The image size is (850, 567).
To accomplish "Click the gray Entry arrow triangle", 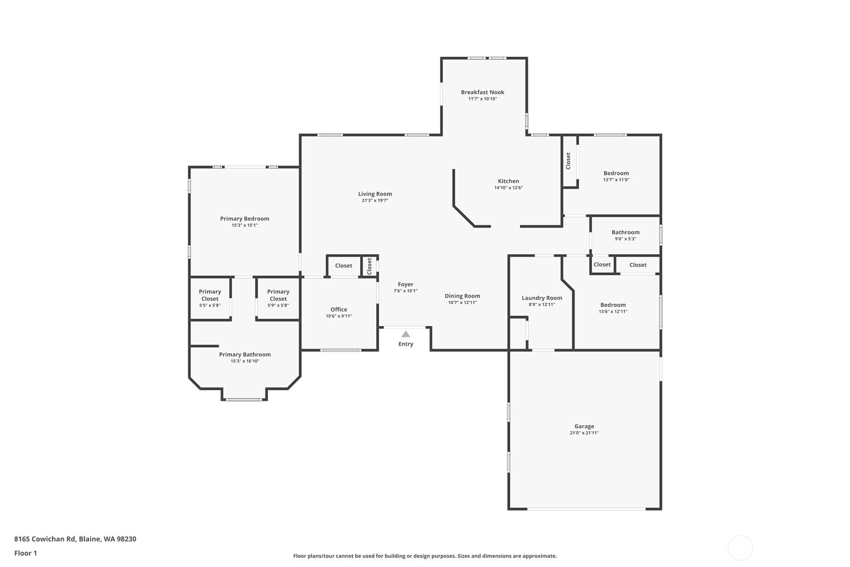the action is point(406,334).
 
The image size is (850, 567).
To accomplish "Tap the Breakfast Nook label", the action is point(483,92).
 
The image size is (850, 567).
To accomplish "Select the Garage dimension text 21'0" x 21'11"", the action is point(584,433).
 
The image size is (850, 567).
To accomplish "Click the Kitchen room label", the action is point(508,181).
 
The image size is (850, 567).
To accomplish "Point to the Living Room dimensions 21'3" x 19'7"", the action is point(375,201).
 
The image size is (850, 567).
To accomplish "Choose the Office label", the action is point(339,309).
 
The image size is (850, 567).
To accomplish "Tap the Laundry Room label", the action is point(542,298).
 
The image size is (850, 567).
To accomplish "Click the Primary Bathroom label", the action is point(245,355).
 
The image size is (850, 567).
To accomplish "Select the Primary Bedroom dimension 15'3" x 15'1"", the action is point(245,225).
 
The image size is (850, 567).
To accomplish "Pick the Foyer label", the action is point(406,284).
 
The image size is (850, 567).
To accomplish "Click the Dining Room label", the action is point(463,296).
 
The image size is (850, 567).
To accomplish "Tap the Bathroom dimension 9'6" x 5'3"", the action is point(626,239).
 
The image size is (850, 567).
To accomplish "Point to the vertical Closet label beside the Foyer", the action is point(369,266).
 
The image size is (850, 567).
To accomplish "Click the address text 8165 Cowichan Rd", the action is point(45,539).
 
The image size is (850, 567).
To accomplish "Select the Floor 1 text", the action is point(26,553).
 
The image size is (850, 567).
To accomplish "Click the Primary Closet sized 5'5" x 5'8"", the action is point(210,298).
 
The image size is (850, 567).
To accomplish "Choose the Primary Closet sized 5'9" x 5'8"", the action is point(278,298).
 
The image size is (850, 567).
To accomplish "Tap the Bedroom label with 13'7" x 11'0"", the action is point(616,173).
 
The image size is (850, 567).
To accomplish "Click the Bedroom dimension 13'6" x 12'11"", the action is point(613,312).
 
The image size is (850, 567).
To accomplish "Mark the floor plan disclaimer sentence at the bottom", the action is point(425,556).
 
